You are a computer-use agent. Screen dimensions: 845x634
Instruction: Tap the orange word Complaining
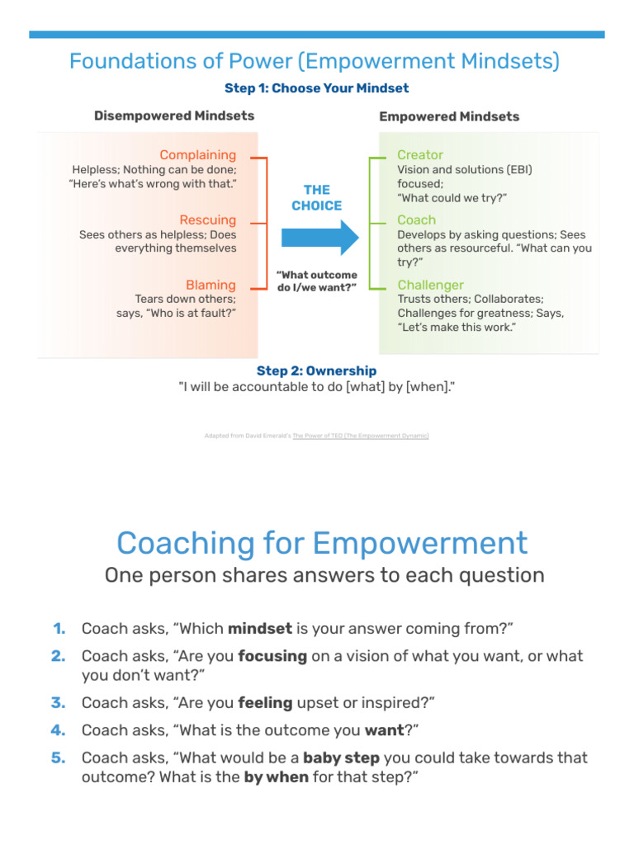pos(198,155)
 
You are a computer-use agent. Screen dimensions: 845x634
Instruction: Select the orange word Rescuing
pos(208,220)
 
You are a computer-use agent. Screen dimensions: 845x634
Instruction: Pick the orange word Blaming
pos(211,286)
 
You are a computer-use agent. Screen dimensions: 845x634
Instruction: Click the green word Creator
pos(420,155)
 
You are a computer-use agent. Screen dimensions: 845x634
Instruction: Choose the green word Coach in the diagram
pos(417,220)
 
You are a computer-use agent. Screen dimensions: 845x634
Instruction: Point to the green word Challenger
pos(431,286)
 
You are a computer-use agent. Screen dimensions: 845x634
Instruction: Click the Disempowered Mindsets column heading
pos(174,116)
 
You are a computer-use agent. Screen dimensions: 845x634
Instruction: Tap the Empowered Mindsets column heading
pos(449,116)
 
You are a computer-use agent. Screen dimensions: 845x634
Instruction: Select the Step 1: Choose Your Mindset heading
pos(316,88)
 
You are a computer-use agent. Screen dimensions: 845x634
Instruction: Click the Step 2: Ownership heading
pos(316,371)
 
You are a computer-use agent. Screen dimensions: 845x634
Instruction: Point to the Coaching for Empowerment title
pos(322,543)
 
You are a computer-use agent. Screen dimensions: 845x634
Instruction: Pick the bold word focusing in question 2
pos(272,657)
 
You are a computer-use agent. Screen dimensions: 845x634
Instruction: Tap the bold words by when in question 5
pos(277,777)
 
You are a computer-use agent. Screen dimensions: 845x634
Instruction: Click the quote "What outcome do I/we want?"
pos(317,281)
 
